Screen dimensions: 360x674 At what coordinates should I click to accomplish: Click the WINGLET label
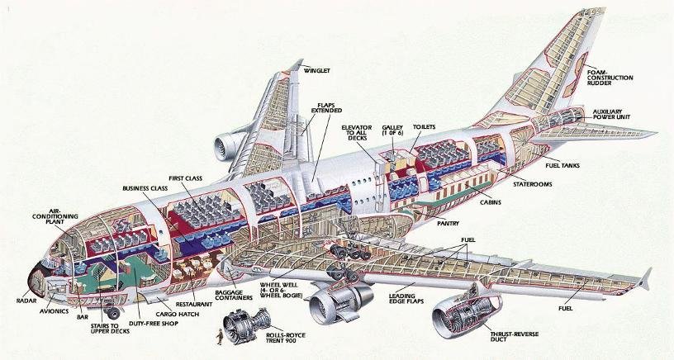316,71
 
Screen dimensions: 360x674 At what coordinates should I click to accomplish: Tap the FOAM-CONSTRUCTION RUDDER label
610,78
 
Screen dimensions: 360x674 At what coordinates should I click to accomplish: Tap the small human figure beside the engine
219,335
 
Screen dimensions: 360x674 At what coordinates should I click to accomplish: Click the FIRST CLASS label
186,177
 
